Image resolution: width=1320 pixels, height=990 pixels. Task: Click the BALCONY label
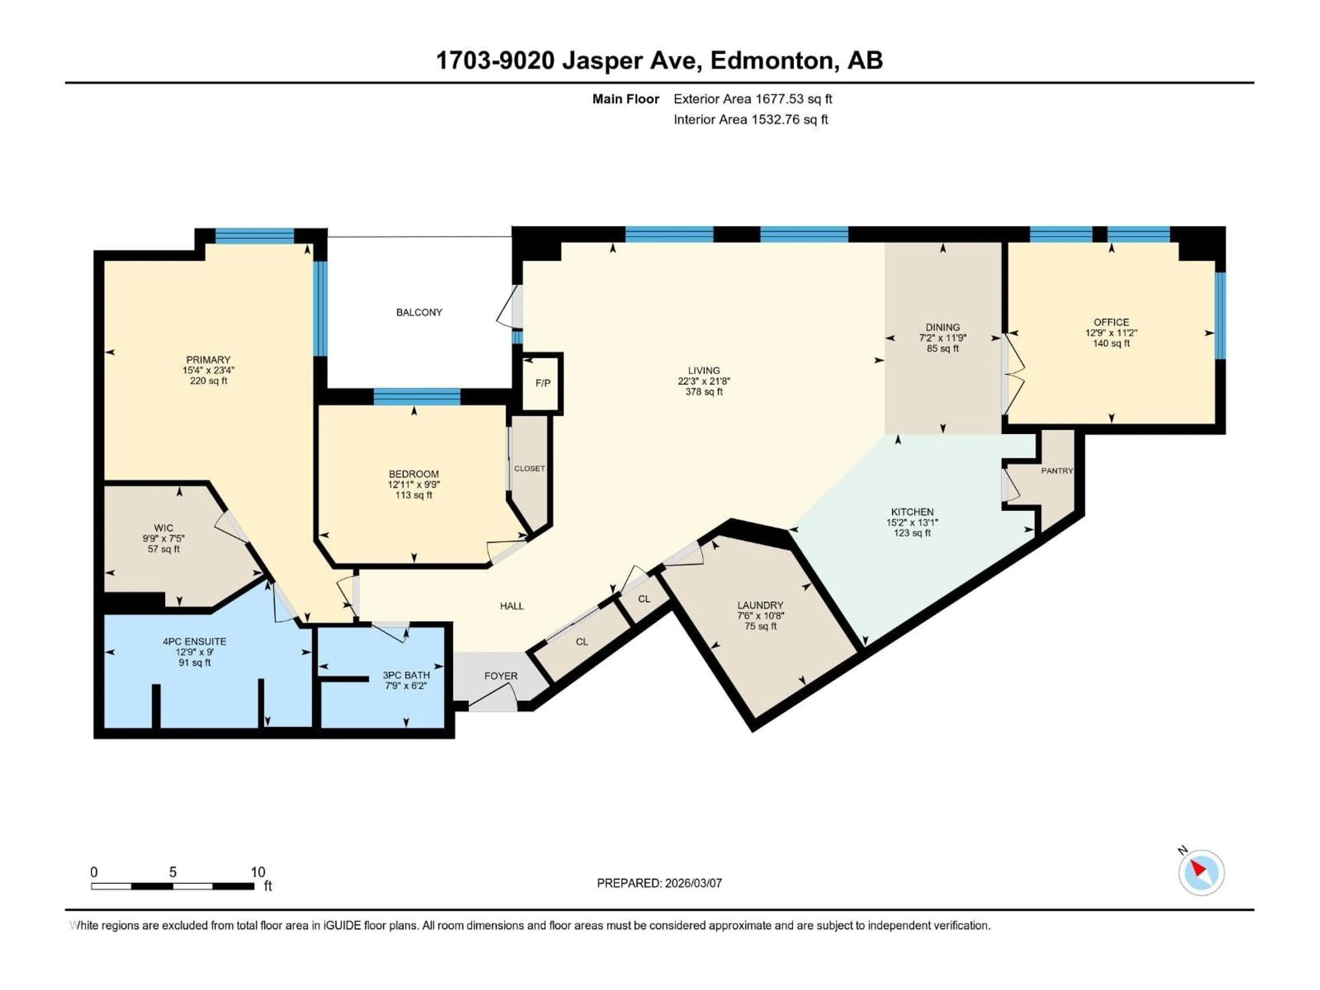tap(419, 312)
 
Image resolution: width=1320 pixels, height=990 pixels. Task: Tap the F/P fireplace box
tap(542, 383)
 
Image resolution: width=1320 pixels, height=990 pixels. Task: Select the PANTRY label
tap(1057, 471)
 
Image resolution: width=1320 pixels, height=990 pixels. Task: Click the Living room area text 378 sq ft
tap(704, 392)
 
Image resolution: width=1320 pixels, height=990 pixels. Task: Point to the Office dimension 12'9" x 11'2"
tap(1111, 333)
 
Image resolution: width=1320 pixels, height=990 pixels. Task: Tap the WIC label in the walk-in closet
tap(164, 528)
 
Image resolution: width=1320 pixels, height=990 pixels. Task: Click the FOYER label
tap(500, 676)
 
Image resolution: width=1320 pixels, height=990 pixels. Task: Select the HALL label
tap(511, 606)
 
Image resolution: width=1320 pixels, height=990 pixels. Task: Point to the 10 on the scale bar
tap(258, 872)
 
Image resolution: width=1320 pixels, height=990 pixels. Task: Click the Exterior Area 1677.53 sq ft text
tap(752, 99)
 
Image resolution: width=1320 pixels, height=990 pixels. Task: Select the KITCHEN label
tap(912, 512)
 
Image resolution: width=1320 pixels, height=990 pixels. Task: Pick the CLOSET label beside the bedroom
tap(529, 469)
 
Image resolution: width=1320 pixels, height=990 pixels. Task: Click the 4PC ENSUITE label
tap(195, 641)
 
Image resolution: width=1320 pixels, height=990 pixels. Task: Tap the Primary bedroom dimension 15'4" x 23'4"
tap(208, 370)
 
